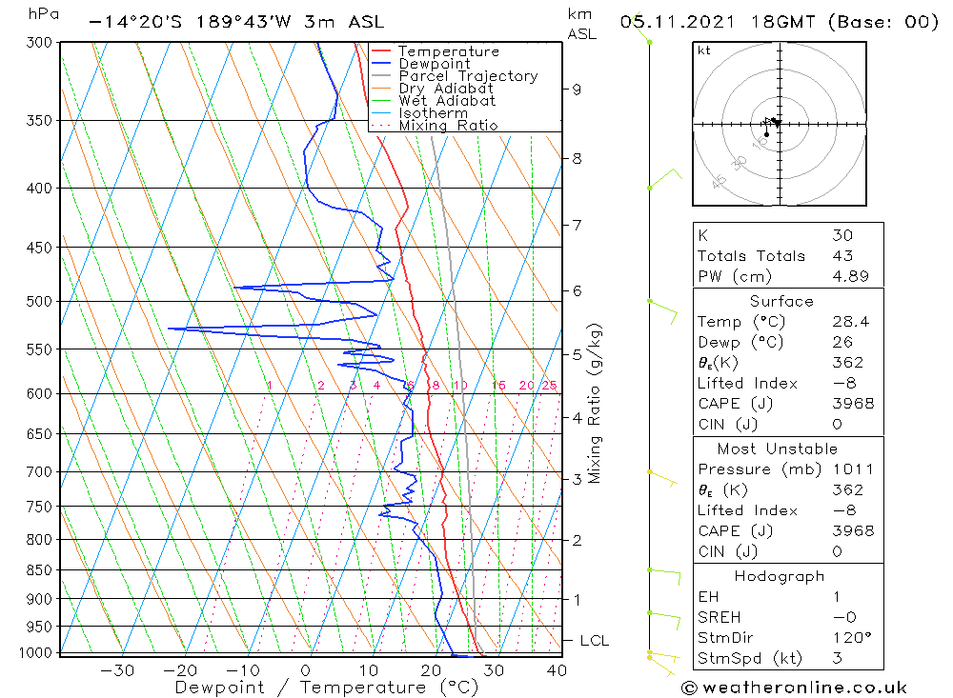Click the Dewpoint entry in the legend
tap(434, 64)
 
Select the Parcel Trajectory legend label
tap(468, 76)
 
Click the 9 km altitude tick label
tap(577, 90)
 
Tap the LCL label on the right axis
tap(593, 641)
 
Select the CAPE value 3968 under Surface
tap(851, 404)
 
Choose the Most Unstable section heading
tap(777, 449)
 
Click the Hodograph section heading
tap(779, 576)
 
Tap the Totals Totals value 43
tap(841, 256)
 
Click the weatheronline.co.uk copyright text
tap(793, 688)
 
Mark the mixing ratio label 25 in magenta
tap(549, 386)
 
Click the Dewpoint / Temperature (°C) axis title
tap(326, 687)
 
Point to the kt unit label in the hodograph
tap(704, 50)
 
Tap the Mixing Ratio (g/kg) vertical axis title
tap(595, 403)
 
